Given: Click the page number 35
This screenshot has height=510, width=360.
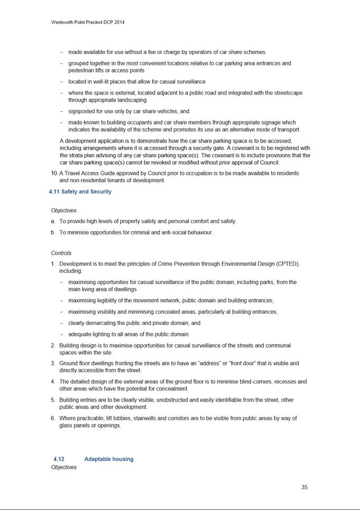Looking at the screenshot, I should coord(304,487).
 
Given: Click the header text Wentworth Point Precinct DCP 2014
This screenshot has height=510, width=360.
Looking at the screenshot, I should coord(88,22).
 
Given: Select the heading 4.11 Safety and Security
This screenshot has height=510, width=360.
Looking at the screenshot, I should coord(80,192).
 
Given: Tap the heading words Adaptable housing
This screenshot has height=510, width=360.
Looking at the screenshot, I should coord(109,459).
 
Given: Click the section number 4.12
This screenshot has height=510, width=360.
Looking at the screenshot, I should coord(59,459).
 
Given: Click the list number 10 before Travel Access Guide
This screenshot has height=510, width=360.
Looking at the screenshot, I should coord(54,173).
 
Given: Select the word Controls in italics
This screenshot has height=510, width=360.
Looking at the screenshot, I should coord(61,253).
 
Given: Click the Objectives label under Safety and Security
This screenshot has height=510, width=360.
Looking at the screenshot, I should coord(63,210).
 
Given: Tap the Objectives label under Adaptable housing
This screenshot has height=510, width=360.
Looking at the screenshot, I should coord(63,467).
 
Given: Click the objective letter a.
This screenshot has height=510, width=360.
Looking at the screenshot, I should coord(53,221).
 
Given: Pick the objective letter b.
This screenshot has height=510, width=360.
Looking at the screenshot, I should coord(53,232).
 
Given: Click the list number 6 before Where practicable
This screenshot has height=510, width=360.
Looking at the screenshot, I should coord(53,418).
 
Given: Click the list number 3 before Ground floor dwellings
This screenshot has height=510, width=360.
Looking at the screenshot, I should coord(53,363).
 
